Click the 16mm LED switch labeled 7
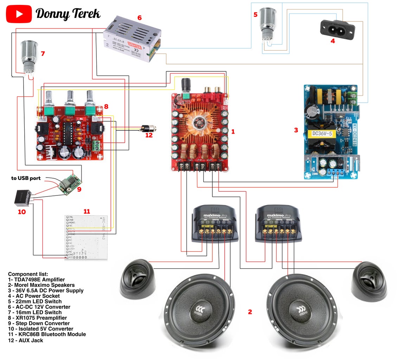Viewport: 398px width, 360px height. tap(27, 57)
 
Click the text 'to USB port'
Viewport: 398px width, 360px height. tap(26, 178)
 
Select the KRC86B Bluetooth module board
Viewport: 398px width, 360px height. tap(86, 237)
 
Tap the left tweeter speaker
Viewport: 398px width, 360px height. tap(137, 280)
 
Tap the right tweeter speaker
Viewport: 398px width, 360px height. tap(370, 281)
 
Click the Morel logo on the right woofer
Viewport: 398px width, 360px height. tap(301, 311)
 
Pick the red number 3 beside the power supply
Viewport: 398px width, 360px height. tap(296, 130)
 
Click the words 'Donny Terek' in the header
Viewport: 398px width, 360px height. tap(68, 14)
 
